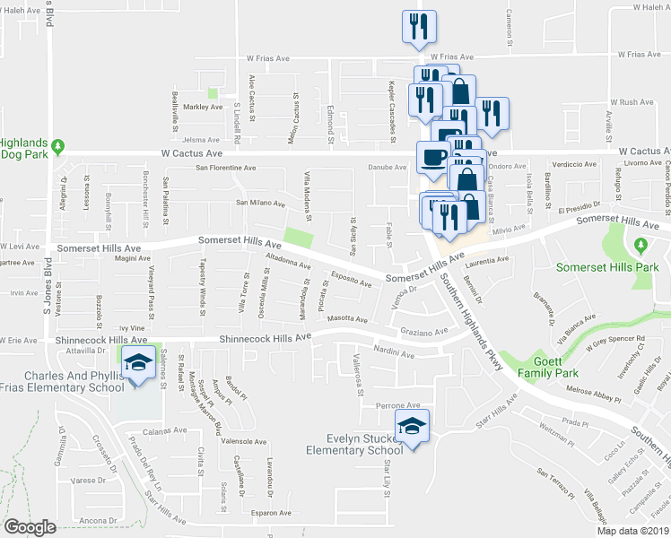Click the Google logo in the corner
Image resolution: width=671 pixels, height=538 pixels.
pos(30,526)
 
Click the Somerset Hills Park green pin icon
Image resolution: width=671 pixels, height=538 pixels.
pos(639,245)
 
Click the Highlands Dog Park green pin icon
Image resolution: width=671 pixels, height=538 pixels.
pos(58,145)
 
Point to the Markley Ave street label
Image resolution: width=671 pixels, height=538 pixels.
pos(203,107)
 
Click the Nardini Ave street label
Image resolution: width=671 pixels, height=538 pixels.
pos(394,355)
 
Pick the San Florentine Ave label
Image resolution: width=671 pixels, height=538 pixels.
pos(227,168)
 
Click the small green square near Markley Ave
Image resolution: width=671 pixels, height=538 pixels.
pos(213,93)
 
